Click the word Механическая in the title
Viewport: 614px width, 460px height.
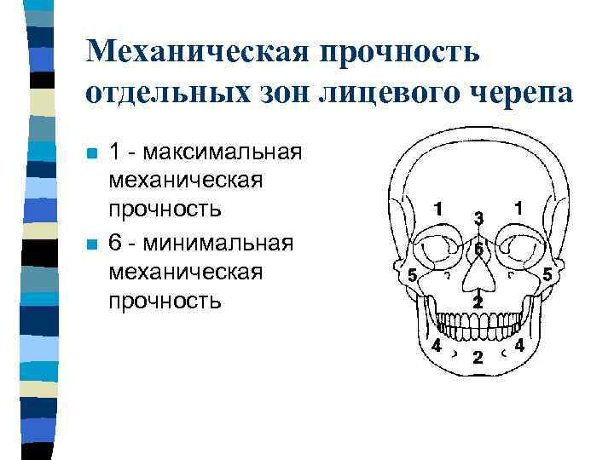198,53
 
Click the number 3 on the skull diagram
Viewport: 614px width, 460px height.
479,219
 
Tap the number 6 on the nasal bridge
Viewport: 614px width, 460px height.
479,249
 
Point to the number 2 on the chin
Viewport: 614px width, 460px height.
478,357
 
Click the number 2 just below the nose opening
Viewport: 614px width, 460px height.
478,302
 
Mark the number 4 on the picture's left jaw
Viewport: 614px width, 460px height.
436,347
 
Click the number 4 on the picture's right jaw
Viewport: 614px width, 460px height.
518,347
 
